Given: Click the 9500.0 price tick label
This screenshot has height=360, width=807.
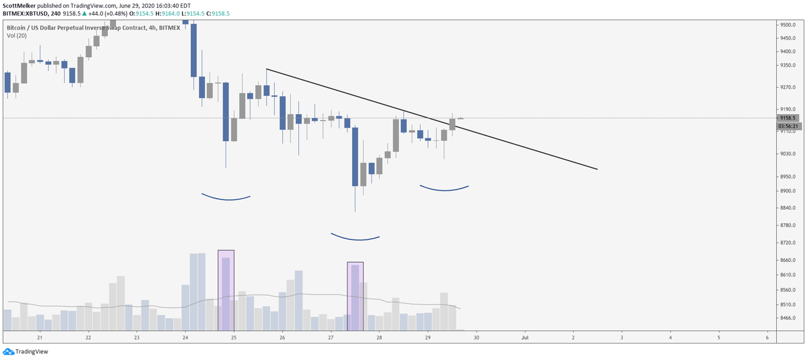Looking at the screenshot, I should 788,25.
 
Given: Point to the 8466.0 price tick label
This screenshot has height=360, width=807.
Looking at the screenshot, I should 788,318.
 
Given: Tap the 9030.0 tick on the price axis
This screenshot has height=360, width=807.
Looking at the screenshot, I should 788,154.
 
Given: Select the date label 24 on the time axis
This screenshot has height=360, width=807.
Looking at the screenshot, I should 185,338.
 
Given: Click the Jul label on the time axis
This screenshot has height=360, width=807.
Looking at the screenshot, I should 524,338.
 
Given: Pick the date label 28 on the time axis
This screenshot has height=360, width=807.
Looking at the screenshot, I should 379,338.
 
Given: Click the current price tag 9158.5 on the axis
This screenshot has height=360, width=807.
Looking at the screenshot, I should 788,118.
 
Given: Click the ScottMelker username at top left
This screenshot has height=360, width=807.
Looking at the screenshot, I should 18,5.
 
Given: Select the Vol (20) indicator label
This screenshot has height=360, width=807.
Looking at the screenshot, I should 17,35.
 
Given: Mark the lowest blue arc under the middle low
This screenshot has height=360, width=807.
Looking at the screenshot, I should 355,239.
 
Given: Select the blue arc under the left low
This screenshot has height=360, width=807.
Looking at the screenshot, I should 226,199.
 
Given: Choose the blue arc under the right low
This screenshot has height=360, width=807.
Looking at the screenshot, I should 444,190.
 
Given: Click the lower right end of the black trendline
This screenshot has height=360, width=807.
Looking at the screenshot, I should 597,169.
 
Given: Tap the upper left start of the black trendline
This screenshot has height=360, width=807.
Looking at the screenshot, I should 267,70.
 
